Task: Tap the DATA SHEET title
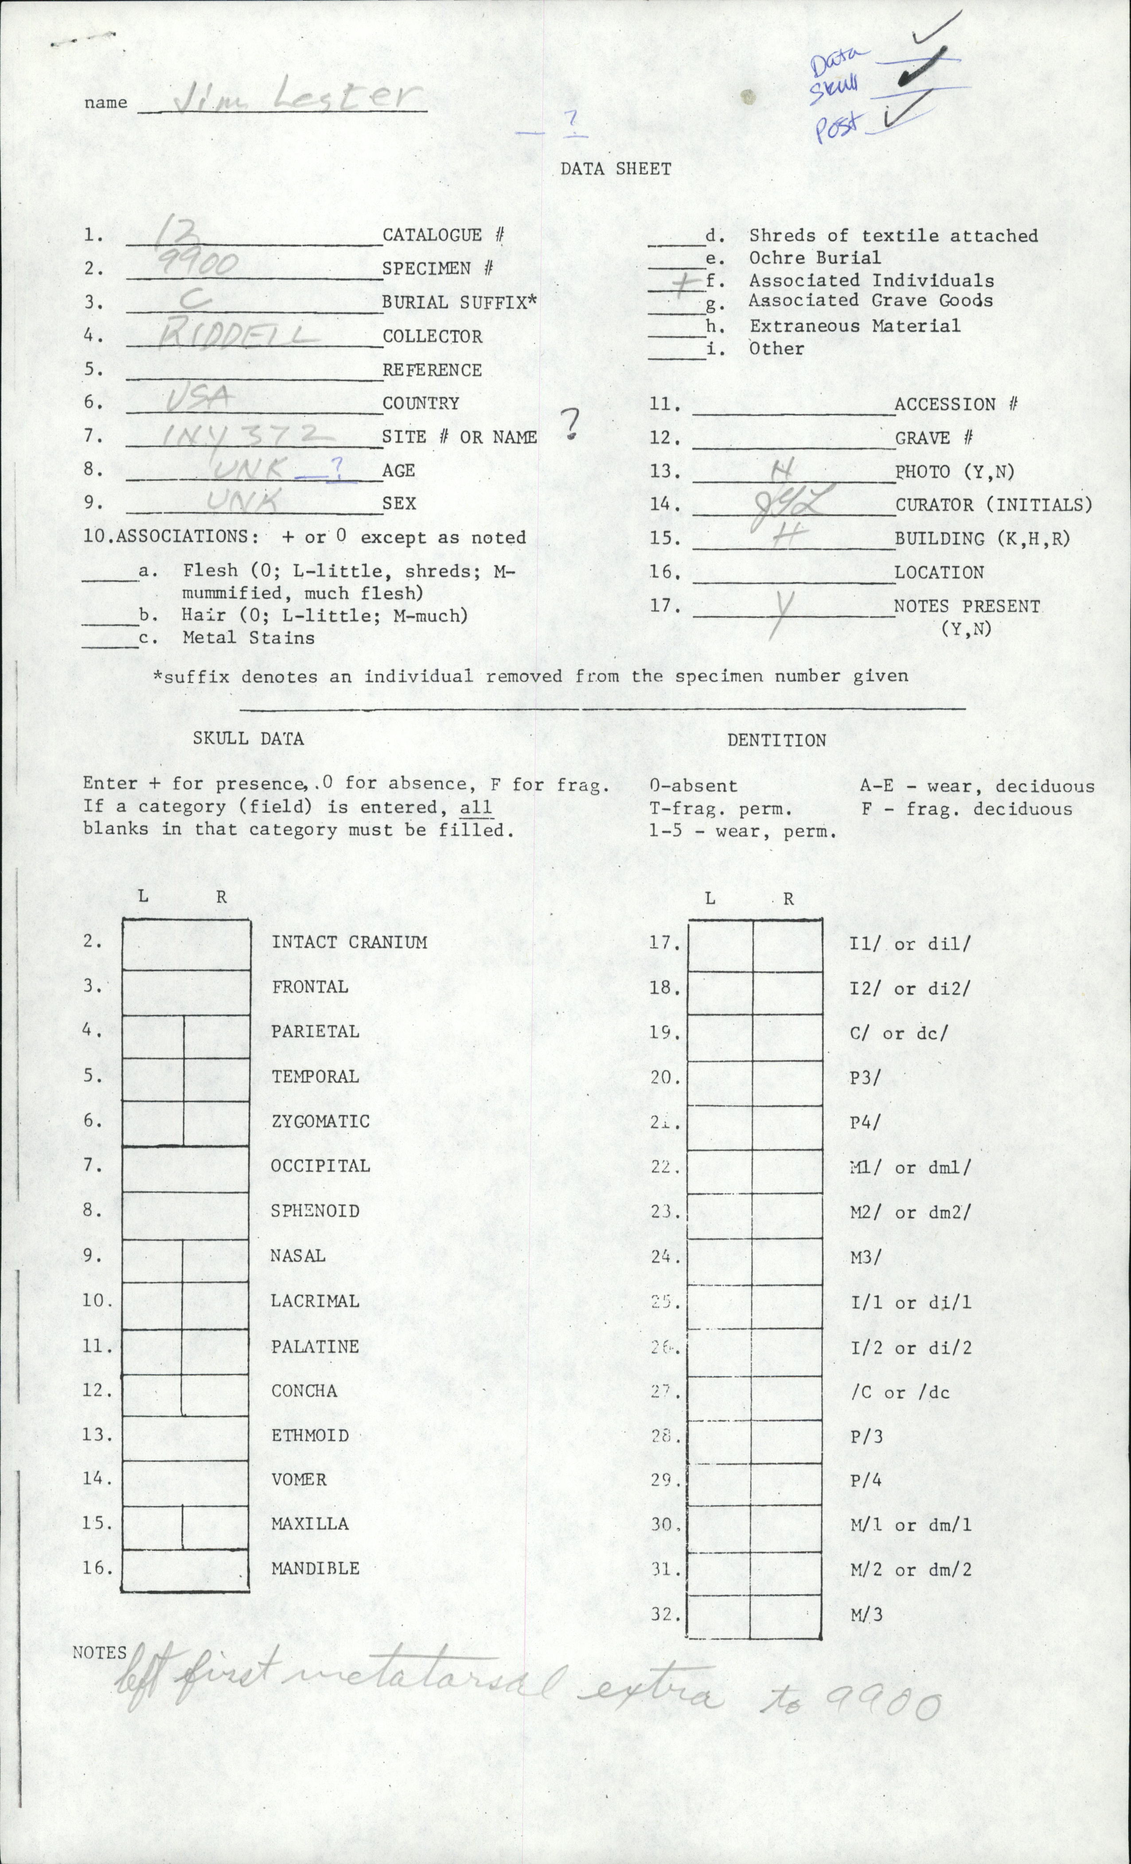[616, 169]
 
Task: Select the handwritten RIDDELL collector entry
[240, 333]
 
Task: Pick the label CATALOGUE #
[443, 235]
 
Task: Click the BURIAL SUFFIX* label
[460, 303]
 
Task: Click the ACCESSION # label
[955, 404]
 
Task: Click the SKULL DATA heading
[248, 738]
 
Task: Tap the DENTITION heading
[776, 740]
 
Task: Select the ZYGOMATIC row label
[320, 1121]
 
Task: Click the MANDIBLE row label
[315, 1568]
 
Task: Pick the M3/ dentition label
[866, 1257]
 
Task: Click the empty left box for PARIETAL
[153, 1036]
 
